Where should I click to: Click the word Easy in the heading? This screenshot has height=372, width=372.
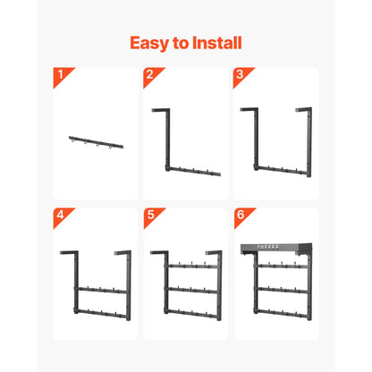[x=148, y=42]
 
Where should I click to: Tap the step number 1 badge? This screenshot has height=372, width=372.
[x=60, y=73]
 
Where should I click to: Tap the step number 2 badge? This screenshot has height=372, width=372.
[x=149, y=73]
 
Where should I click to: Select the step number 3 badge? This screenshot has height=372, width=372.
[x=240, y=73]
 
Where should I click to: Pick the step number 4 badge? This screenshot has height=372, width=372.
[x=60, y=215]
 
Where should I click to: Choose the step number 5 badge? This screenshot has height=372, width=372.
[x=149, y=215]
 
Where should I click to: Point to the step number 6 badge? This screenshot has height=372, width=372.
[x=240, y=215]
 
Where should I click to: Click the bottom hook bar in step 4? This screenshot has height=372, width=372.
[x=97, y=310]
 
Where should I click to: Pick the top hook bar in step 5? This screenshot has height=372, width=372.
[x=186, y=266]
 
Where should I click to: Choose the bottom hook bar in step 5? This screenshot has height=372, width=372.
[x=186, y=310]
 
